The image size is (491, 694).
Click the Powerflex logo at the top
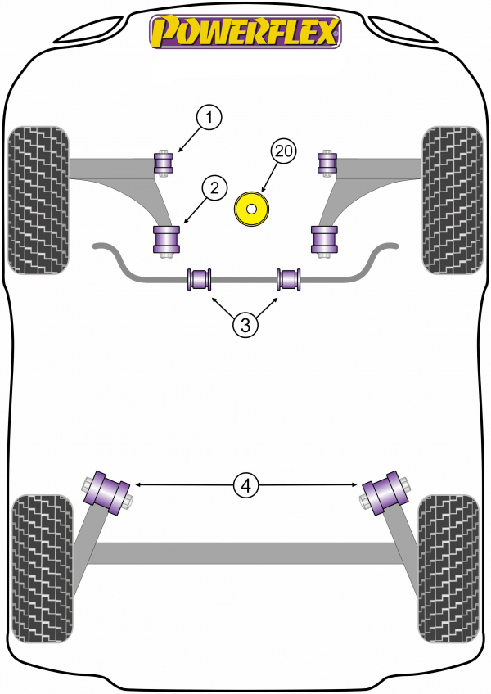pos(245,31)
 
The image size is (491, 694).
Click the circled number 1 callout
pos(209,118)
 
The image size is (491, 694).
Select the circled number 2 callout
pos(214,188)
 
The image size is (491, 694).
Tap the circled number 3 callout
pos(245,326)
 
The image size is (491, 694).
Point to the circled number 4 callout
pos(246,485)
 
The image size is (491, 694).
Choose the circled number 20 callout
pos(284,151)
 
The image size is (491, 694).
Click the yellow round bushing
pos(251,210)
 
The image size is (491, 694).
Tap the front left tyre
pos(38,200)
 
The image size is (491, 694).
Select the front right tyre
pos(453,200)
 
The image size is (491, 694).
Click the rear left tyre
pos(42,569)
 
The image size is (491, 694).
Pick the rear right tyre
pos(449,569)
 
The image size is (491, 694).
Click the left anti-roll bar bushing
pos(200,279)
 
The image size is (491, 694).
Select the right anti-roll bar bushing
pos(289,279)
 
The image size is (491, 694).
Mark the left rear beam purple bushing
pos(107,493)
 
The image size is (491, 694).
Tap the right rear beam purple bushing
pos(385,493)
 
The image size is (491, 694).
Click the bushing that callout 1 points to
pos(164,163)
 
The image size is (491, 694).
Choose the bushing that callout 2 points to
pos(166,240)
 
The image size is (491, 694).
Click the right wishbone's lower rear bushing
pos(324,240)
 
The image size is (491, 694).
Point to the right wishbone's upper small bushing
pos(327,163)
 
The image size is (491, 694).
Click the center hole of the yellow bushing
pos(251,210)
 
